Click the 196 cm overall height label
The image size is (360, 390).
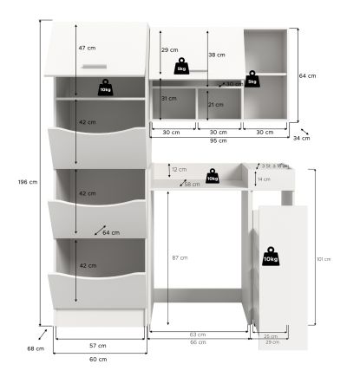click(28, 182)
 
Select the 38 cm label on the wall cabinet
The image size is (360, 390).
click(218, 55)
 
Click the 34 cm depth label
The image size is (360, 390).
click(301, 138)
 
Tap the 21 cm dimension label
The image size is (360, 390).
click(217, 104)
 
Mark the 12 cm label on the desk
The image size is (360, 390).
click(179, 169)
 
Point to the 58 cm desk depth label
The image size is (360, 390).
click(192, 184)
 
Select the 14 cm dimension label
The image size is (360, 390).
click(265, 179)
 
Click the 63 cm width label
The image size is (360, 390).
click(198, 334)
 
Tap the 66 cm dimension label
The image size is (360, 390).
click(198, 341)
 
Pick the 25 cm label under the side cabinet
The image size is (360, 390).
click(271, 336)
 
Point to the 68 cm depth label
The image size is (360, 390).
click(33, 348)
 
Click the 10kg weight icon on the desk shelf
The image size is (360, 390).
click(213, 177)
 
